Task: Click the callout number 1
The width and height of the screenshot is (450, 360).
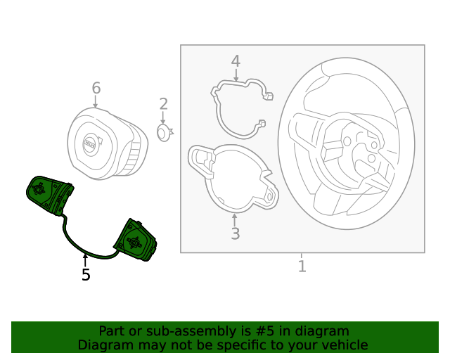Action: [302, 266]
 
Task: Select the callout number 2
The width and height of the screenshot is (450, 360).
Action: [163, 105]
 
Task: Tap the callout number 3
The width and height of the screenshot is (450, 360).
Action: [235, 233]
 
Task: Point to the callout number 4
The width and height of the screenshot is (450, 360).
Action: [236, 61]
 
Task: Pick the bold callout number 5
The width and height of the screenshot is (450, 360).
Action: [86, 275]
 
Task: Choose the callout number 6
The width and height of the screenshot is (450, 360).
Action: [96, 88]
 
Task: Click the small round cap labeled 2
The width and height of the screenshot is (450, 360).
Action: [163, 132]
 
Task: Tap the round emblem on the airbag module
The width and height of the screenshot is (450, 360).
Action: [90, 143]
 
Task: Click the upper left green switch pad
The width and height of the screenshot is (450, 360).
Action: [48, 193]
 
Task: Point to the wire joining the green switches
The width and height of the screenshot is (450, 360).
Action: [77, 243]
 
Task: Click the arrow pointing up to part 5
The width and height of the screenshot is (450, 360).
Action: [86, 260]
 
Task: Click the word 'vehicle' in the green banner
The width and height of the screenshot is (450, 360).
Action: [342, 345]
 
